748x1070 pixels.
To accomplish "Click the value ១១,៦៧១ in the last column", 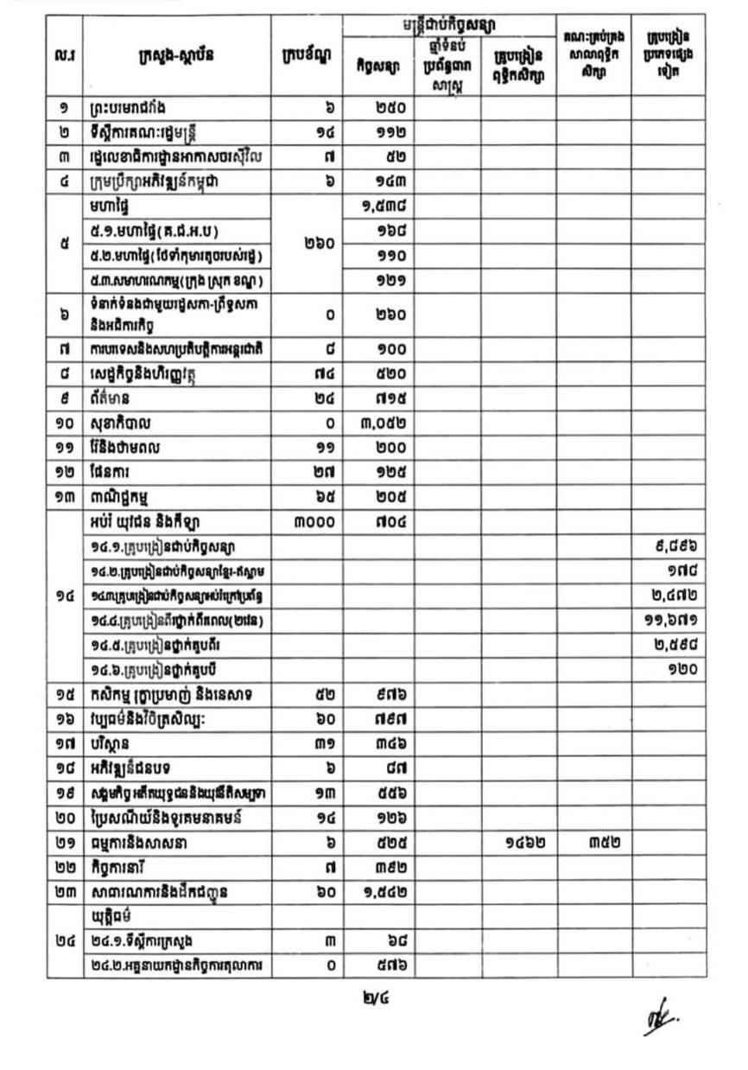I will pos(679,620).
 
